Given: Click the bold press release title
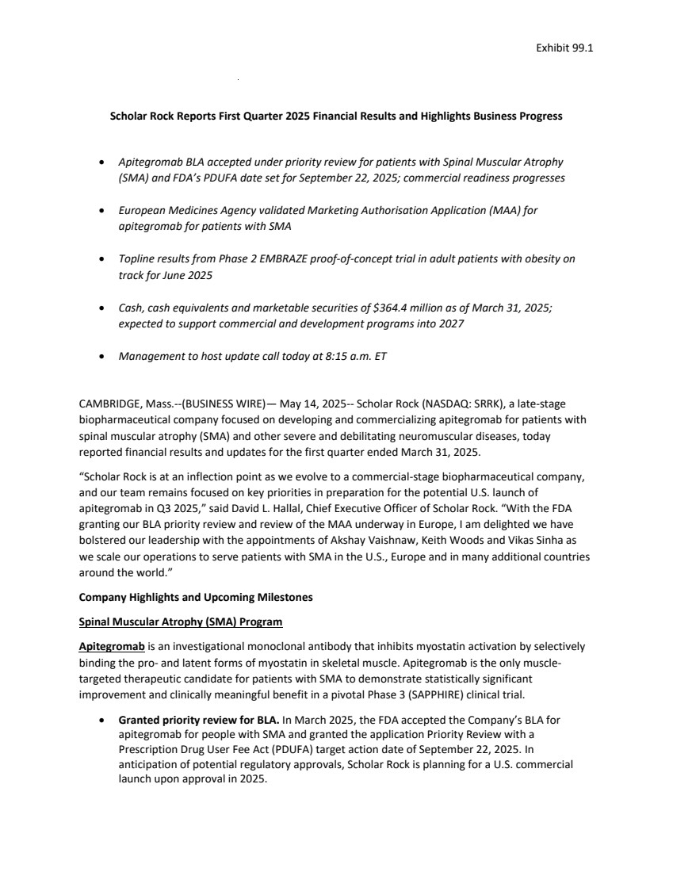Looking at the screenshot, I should pos(335,116).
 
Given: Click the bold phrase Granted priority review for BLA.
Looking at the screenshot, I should pos(198,721).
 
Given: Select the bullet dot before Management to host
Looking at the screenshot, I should pos(101,357).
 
